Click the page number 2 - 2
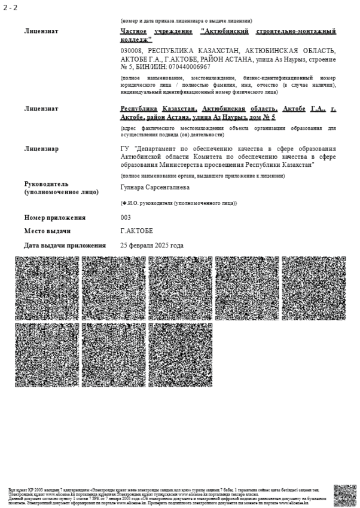(10, 7)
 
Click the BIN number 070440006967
(189, 67)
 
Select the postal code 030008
(132, 51)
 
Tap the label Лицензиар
(41, 148)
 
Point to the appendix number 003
(126, 218)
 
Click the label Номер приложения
(55, 218)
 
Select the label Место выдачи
(48, 231)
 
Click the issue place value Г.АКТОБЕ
(137, 231)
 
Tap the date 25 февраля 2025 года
(152, 245)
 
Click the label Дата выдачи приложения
(65, 245)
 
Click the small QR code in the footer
(345, 495)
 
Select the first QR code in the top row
(47, 289)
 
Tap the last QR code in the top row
(314, 289)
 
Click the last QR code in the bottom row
(181, 355)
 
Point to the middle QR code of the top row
(181, 289)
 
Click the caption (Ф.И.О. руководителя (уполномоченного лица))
(178, 203)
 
